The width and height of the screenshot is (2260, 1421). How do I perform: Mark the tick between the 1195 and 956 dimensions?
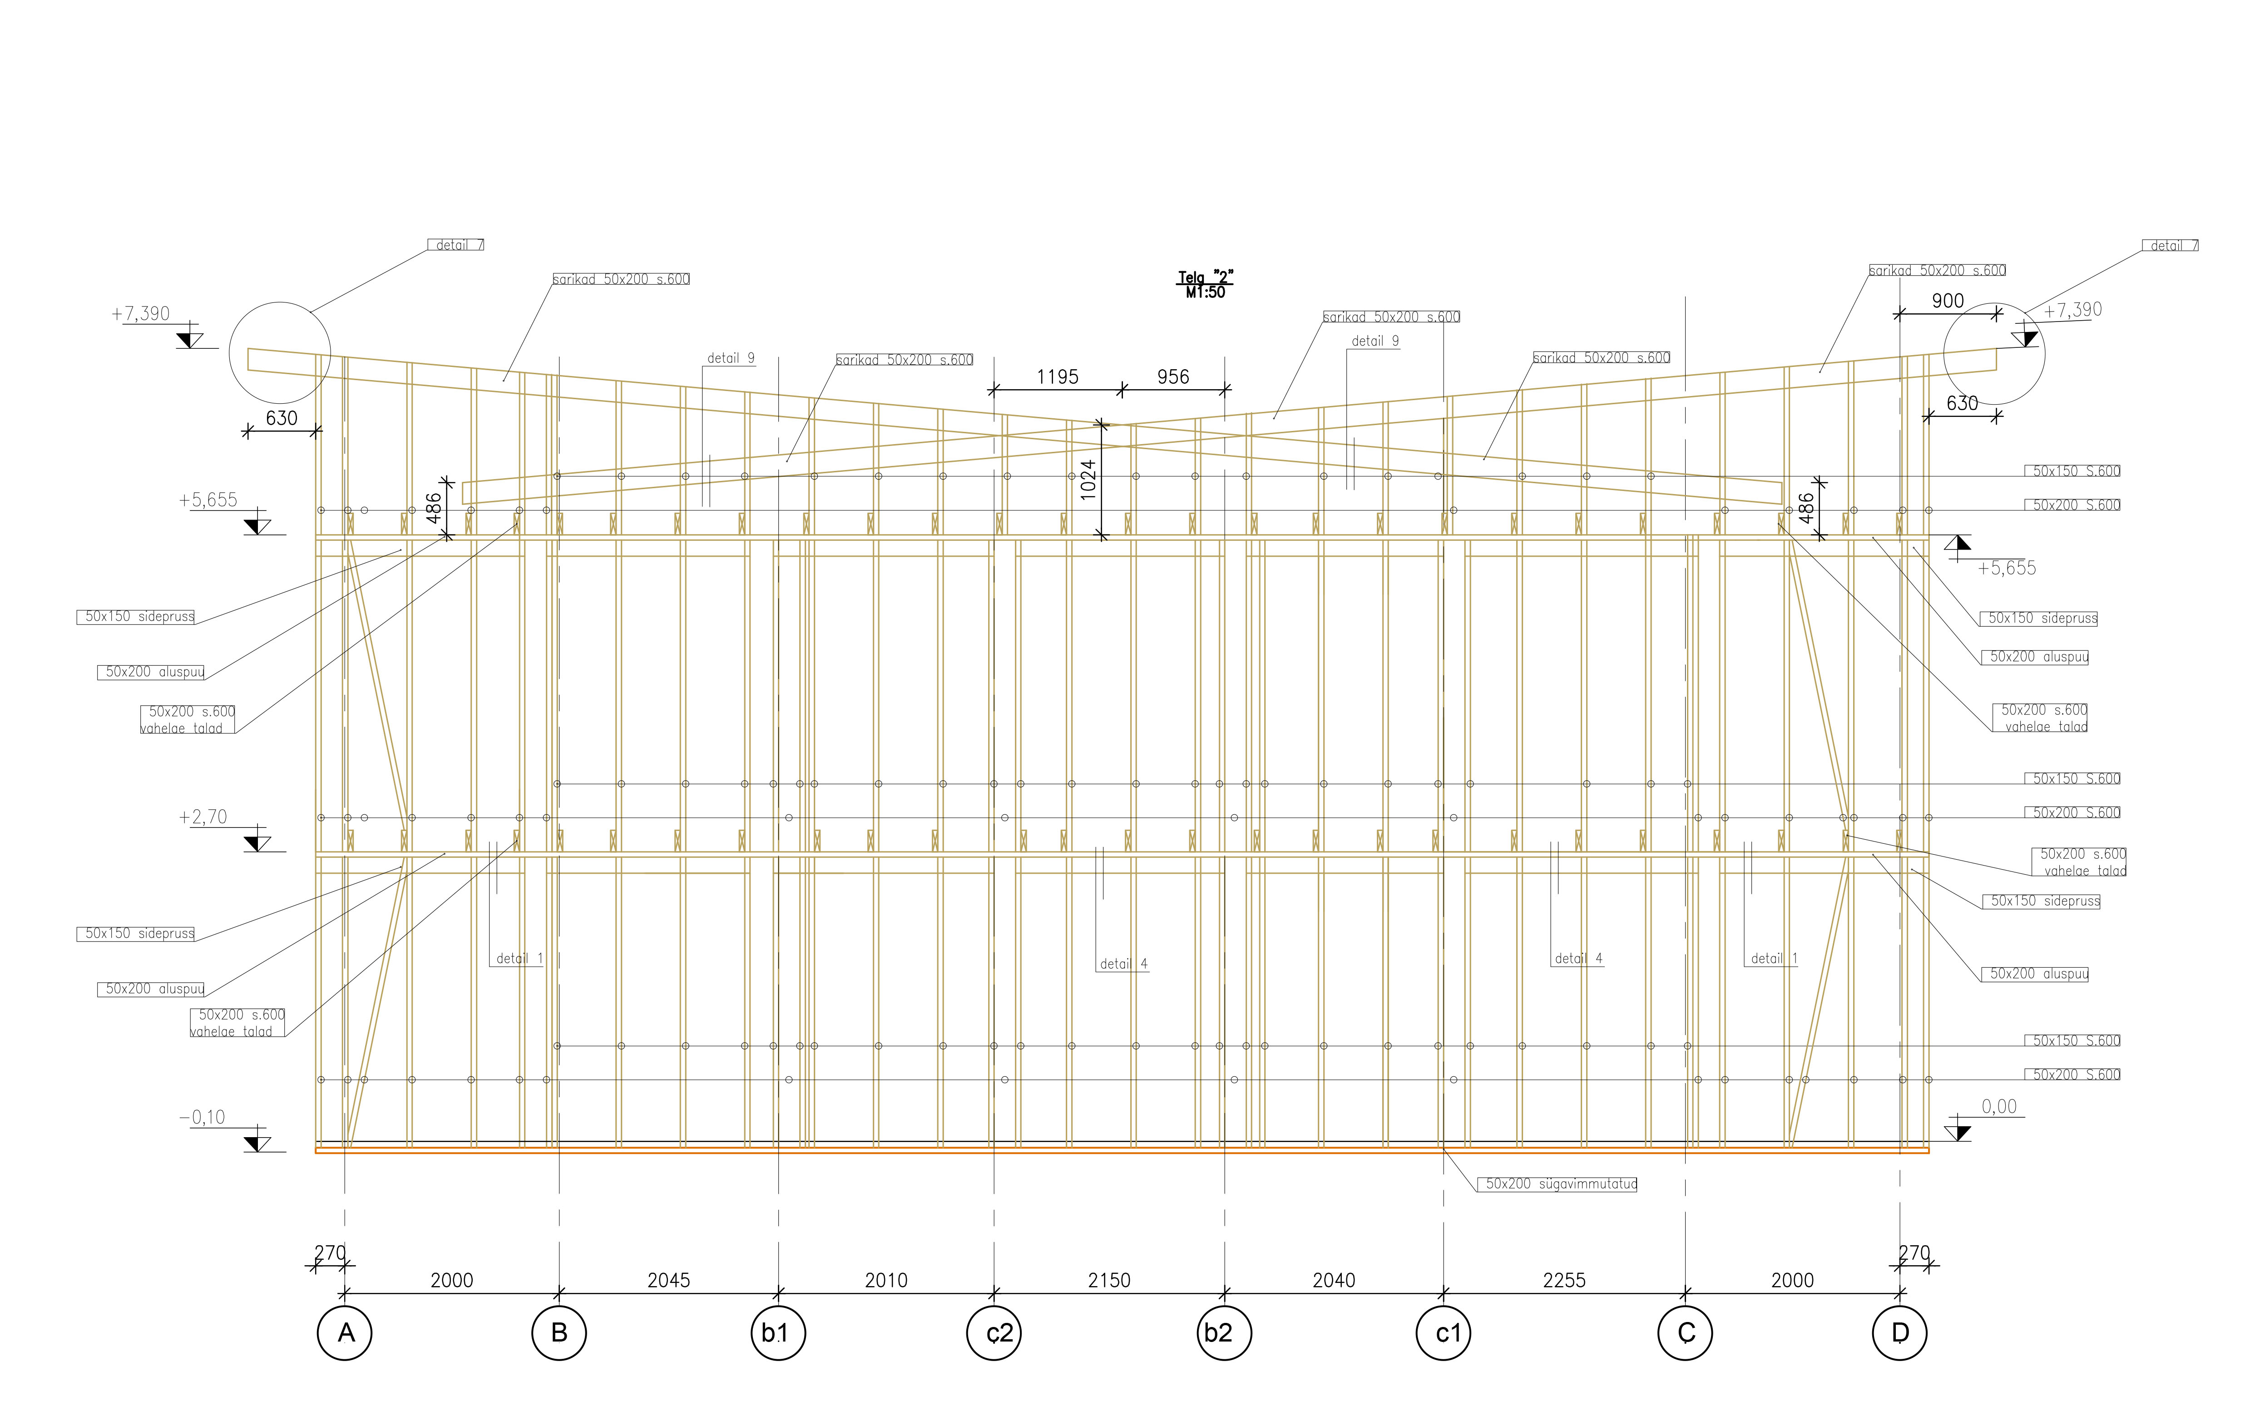coord(1122,389)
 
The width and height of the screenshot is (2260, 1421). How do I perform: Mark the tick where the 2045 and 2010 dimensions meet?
coord(778,1293)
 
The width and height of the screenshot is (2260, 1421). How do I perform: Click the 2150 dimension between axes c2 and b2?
coord(1109,1280)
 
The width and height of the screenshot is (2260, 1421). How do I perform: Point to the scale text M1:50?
coord(1205,293)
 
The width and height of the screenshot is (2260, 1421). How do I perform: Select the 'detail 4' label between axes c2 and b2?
coord(1123,964)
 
